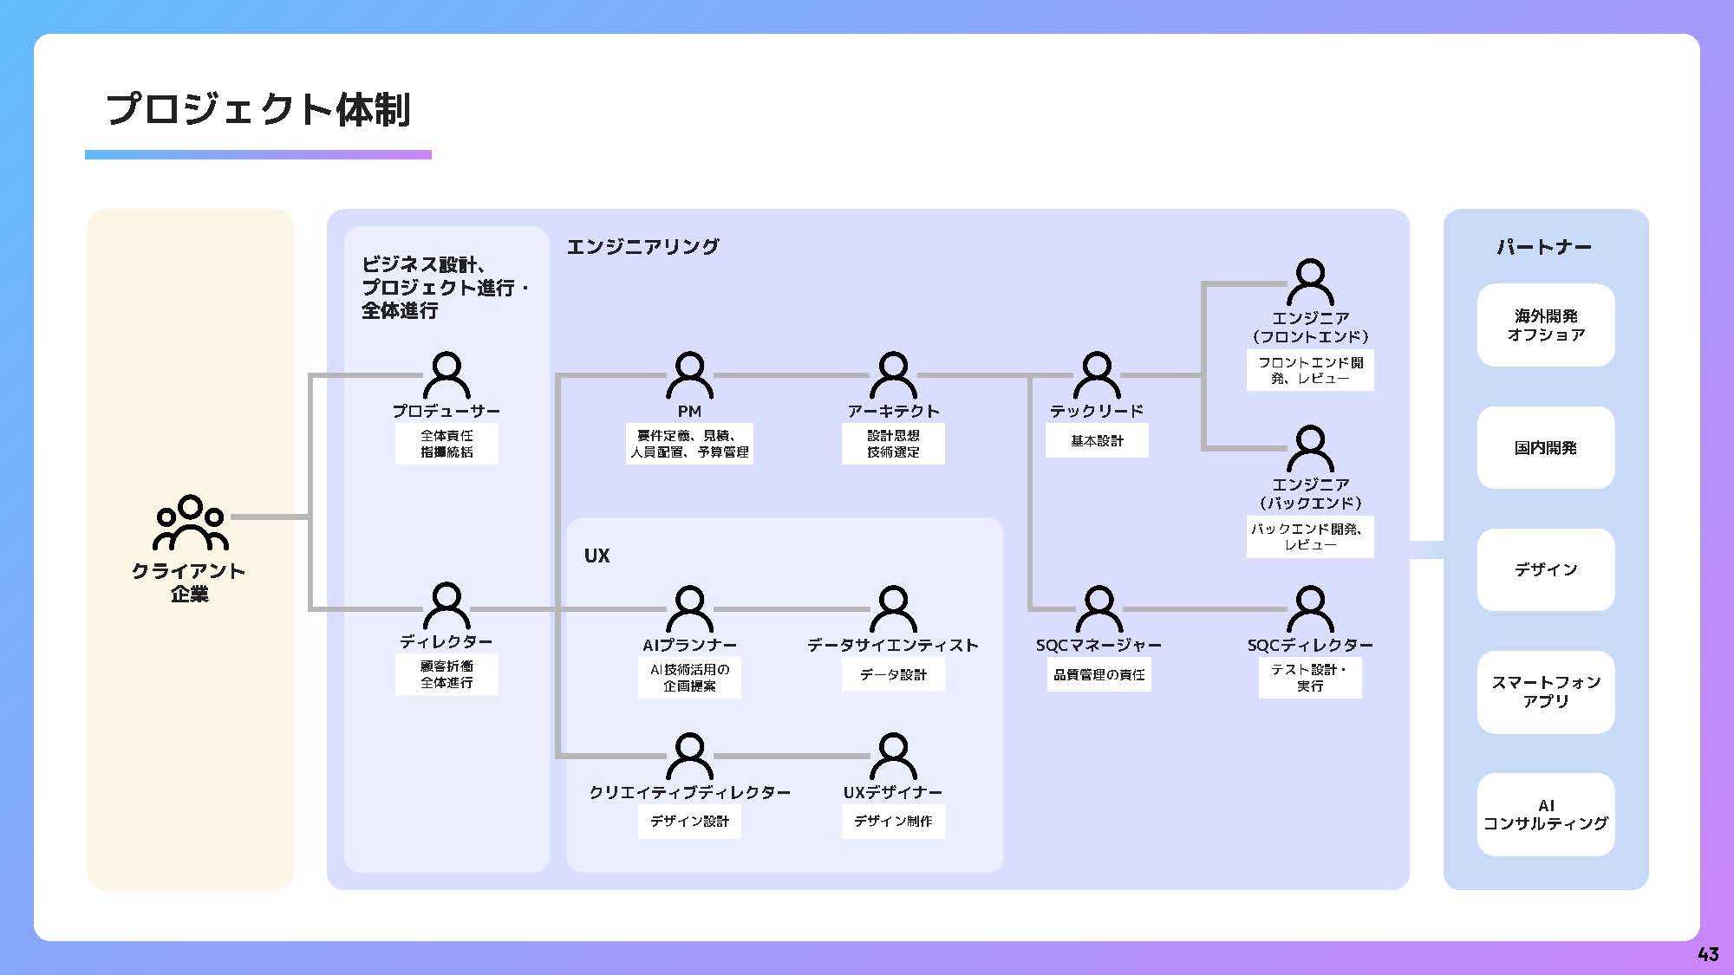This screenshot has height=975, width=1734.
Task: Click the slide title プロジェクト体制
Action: click(x=257, y=110)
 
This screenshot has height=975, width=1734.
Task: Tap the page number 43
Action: click(x=1707, y=953)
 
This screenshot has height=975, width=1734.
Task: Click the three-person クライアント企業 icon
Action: click(x=190, y=523)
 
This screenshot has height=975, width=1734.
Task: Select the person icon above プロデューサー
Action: click(x=447, y=375)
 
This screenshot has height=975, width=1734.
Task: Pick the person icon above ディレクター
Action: click(x=447, y=605)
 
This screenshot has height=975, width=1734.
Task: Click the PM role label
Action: click(x=689, y=412)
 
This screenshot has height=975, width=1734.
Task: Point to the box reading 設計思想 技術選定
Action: click(x=893, y=444)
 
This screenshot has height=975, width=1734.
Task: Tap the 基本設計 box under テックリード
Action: click(x=1097, y=440)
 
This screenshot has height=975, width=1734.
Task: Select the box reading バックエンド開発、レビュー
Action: click(x=1310, y=536)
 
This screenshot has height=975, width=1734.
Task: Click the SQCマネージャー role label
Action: click(x=1098, y=646)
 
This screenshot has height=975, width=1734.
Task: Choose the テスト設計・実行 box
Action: click(x=1310, y=678)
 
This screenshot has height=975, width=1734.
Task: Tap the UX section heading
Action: click(x=596, y=556)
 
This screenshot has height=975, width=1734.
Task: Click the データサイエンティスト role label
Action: click(x=893, y=646)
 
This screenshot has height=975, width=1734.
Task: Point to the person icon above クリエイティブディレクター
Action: click(x=689, y=756)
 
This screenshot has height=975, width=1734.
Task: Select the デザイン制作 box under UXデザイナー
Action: click(x=893, y=821)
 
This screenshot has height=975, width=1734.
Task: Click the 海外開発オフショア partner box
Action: click(x=1546, y=325)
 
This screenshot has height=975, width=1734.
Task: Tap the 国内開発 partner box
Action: click(x=1546, y=448)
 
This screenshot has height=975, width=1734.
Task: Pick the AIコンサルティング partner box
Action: click(x=1546, y=815)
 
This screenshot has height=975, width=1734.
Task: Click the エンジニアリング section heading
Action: click(x=642, y=247)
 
